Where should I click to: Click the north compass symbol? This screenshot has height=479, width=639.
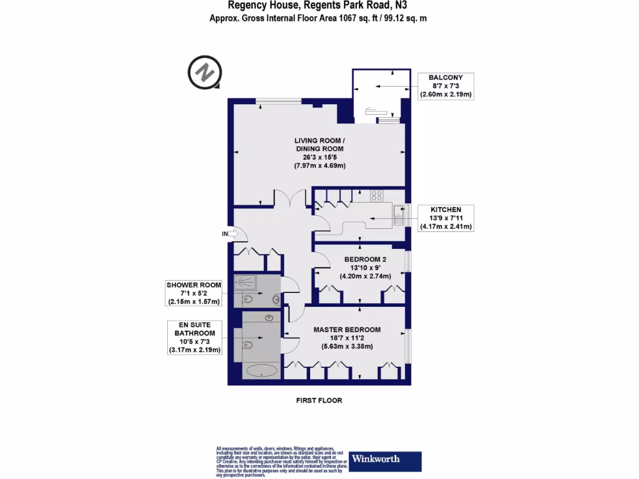[x=205, y=73]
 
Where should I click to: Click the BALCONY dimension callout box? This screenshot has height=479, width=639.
[x=446, y=86]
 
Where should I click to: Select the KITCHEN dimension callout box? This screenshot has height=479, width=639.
[x=446, y=218]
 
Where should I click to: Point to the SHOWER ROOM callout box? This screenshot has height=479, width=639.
[x=194, y=293]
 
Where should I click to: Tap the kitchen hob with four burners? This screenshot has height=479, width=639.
[x=377, y=196]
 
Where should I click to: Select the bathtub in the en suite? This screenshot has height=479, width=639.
[x=262, y=371]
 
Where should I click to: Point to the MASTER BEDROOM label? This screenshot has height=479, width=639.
[x=346, y=330]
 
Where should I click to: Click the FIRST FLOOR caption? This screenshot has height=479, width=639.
[x=319, y=400]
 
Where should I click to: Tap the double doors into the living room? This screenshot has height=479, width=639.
[x=290, y=200]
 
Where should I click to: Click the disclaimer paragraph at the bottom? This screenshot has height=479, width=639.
[x=281, y=462]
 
